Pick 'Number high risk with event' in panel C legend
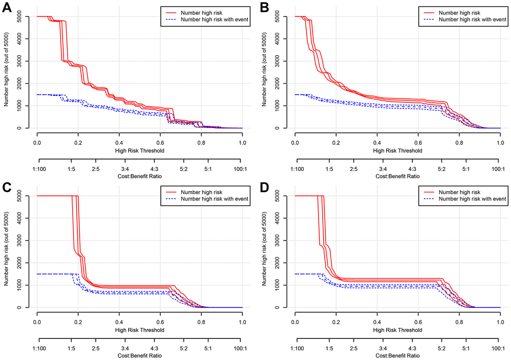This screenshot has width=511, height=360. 209,199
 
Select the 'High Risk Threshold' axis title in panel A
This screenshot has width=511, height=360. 139,150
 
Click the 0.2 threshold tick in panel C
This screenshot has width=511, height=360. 78,322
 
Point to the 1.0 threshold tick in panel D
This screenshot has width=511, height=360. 500,322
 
